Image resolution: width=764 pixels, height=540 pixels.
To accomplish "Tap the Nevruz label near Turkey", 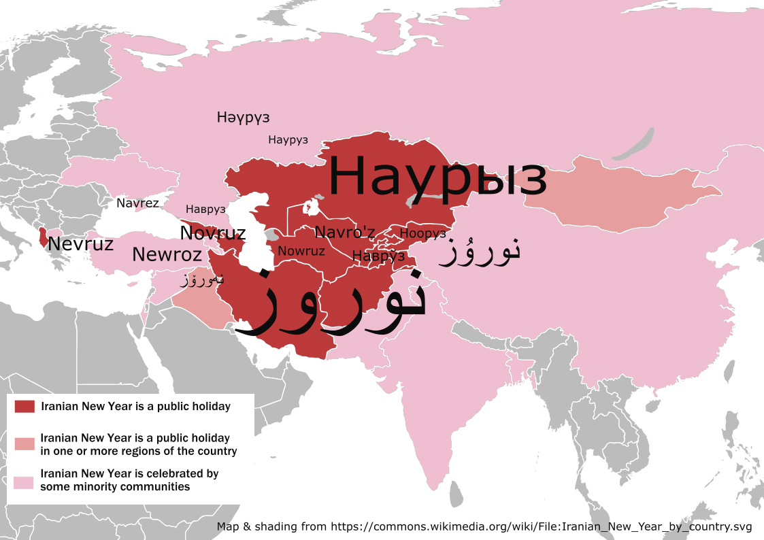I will pos(80,244).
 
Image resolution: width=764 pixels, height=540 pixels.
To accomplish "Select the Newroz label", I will pos(167,255).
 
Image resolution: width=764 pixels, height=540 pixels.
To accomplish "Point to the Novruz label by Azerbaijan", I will pos(212,233).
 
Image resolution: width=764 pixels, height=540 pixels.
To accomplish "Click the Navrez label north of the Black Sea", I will pos(137,203).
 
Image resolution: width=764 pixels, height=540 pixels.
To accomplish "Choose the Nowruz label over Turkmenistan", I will pos(301,251).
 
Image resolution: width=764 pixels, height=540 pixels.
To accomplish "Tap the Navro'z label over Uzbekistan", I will pos(345,233).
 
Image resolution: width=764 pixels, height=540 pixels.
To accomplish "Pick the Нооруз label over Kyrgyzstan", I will pos(423,233).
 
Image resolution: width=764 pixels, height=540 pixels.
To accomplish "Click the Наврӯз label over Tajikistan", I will pos(378,256).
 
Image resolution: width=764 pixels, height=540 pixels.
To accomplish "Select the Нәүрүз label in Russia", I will pos(243,117).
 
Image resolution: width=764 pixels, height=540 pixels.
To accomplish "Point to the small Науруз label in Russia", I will pos(288,140).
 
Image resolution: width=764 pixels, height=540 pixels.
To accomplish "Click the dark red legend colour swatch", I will pos(24,407).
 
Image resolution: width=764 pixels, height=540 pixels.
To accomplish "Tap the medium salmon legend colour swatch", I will pos(24,444).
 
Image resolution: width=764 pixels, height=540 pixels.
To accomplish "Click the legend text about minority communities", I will pos(129,480).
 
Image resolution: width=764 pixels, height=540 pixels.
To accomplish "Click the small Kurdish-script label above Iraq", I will pos(202,279).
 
